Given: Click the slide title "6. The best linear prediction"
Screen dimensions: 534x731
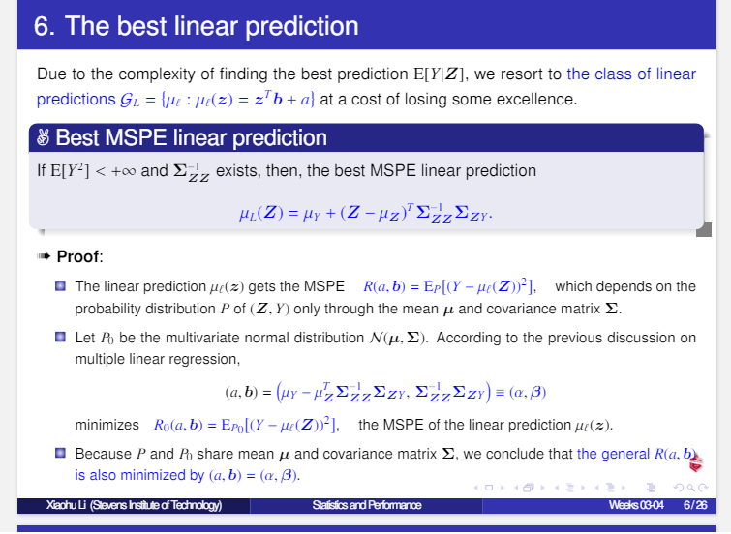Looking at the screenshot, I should [x=196, y=26].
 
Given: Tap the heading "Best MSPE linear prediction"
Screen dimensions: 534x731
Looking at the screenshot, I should [x=191, y=138].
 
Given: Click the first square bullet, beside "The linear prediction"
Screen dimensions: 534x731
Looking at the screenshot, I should [x=60, y=286].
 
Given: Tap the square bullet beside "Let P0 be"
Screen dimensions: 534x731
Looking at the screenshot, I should [x=60, y=339].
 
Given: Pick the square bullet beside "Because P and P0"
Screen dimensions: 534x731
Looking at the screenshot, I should [x=60, y=453].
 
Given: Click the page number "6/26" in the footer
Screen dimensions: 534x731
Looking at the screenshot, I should [x=694, y=505].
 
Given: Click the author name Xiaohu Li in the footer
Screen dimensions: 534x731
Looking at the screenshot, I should [x=135, y=505].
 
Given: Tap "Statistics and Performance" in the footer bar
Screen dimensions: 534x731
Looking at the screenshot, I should [x=366, y=505].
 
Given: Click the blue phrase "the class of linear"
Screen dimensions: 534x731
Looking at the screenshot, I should [x=631, y=74].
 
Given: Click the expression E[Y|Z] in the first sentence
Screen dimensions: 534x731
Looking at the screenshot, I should [x=441, y=74].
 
